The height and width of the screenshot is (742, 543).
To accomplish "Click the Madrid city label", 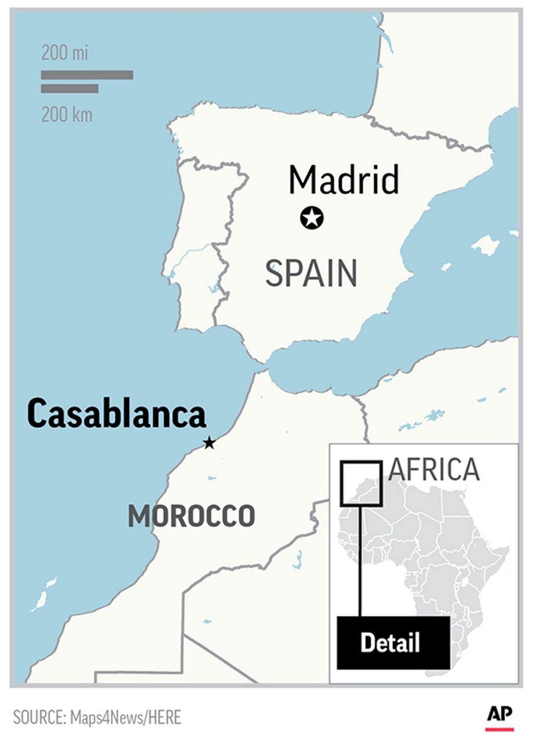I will [344, 180].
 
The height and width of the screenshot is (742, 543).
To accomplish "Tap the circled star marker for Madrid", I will [312, 219].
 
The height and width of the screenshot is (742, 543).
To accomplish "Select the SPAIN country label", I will [311, 274].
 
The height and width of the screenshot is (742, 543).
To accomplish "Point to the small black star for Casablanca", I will [209, 443].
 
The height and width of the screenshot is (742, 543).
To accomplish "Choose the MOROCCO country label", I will [191, 516].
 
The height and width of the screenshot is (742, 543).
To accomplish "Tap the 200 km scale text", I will [66, 115].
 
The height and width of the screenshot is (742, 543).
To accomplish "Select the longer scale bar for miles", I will [87, 75].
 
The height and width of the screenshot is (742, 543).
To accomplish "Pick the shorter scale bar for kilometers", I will [70, 89].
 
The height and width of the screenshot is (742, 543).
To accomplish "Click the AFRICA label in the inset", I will [434, 470].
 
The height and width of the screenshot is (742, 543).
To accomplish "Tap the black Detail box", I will [393, 642].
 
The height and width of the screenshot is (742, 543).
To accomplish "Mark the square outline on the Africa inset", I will [361, 463].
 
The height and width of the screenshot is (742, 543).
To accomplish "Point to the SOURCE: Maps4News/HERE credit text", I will [97, 718].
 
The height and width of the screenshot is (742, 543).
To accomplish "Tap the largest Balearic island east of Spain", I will [485, 245].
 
